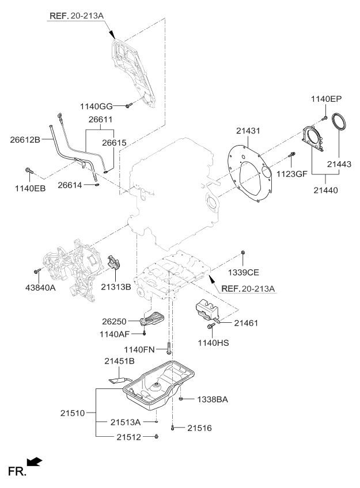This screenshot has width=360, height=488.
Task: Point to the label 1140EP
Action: click(x=327, y=99)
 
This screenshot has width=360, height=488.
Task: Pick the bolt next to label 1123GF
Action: click(x=293, y=155)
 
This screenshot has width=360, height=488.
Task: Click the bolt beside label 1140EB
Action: click(x=29, y=170)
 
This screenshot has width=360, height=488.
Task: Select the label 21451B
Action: click(x=119, y=361)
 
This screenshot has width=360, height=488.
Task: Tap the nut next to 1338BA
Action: click(x=181, y=398)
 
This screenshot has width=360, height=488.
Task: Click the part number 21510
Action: click(x=73, y=412)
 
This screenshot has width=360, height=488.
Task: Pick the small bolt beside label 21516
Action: click(x=172, y=428)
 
